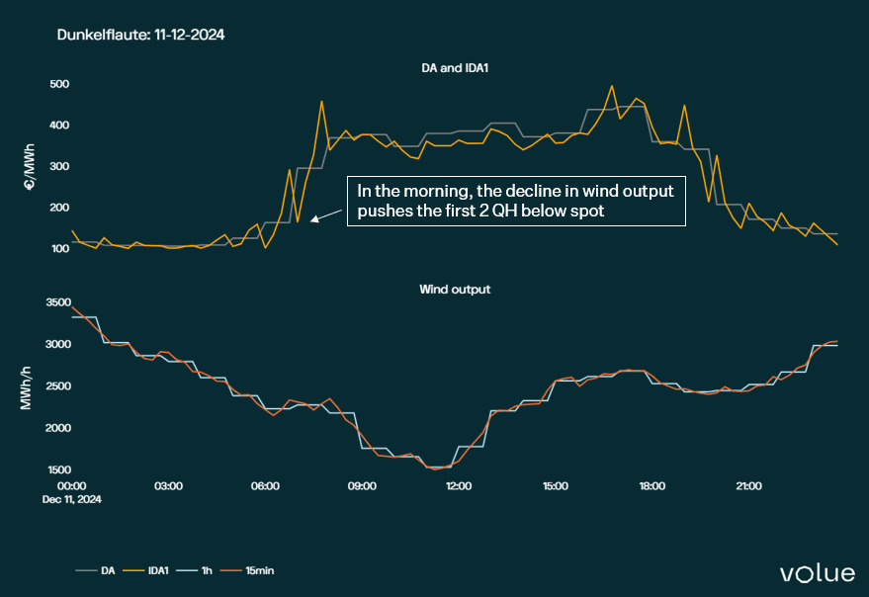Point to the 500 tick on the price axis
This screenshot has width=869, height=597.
tap(59, 83)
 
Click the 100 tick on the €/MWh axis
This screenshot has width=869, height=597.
tap(59, 248)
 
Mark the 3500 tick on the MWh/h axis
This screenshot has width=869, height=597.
tap(56, 303)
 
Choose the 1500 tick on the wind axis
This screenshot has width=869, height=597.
tap(56, 469)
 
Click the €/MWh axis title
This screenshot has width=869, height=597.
tap(31, 165)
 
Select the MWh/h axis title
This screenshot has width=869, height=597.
tap(31, 386)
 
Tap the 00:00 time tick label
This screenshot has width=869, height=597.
tap(72, 486)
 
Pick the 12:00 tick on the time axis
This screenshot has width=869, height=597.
tap(459, 486)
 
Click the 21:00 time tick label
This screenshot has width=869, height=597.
tap(748, 486)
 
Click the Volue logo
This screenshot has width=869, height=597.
tap(818, 572)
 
